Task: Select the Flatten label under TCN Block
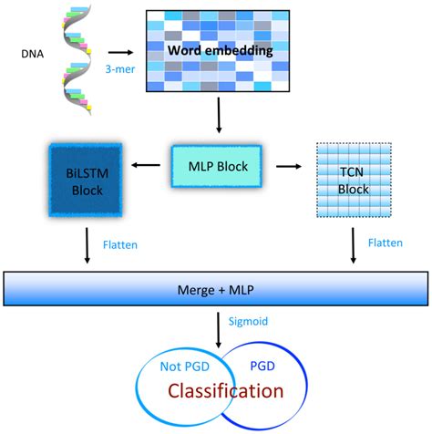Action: click(388, 243)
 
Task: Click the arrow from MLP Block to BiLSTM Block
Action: click(144, 167)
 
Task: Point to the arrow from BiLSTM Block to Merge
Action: click(87, 243)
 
